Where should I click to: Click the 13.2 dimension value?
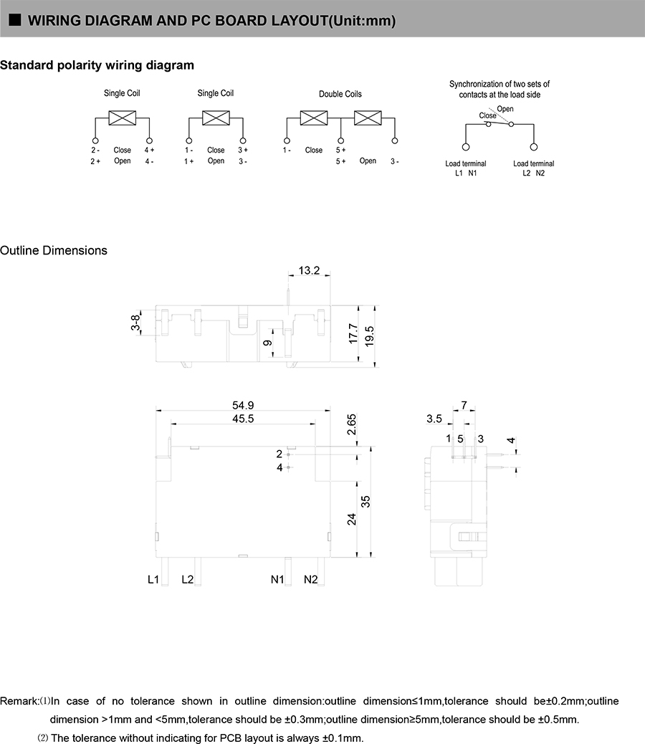click(x=310, y=270)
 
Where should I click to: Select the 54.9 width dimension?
click(x=242, y=405)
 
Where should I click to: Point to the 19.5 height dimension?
click(x=370, y=334)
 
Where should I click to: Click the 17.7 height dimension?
click(x=353, y=333)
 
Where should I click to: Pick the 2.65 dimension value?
click(x=351, y=426)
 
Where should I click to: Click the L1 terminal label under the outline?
click(x=153, y=579)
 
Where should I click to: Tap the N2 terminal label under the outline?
click(x=310, y=579)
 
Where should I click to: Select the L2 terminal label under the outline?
click(x=187, y=579)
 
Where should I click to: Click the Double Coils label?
click(x=340, y=94)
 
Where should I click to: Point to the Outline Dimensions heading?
click(x=54, y=250)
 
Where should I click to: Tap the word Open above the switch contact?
click(x=505, y=109)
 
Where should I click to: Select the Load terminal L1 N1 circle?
click(x=466, y=147)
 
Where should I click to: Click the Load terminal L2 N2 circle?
click(x=533, y=147)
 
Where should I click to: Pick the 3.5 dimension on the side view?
click(x=434, y=419)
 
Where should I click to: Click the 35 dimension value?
click(x=366, y=502)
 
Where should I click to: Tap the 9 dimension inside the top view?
click(x=267, y=343)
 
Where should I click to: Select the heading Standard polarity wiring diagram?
click(x=97, y=65)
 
